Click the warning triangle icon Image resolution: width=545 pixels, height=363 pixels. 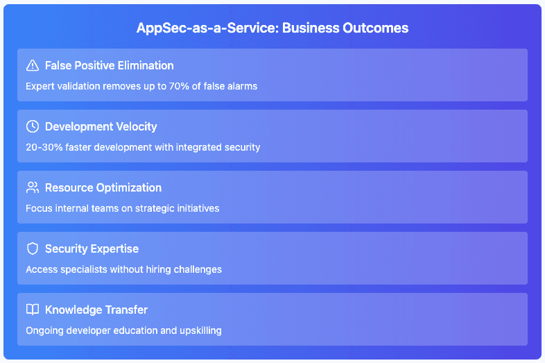coord(33,65)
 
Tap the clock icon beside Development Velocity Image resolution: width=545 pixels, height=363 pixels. coord(33,126)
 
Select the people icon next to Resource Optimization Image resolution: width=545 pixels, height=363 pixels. coord(33,187)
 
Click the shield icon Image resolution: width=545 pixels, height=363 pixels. coord(33,248)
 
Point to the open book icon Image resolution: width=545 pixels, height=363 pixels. coord(33,310)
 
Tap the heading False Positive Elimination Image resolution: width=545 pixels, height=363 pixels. coord(109,65)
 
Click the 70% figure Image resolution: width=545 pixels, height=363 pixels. coord(179,86)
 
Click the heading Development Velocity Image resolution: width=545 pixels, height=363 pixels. coord(101,127)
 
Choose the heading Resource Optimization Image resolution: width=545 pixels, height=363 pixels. coord(103,188)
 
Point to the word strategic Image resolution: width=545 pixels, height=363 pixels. coord(155,208)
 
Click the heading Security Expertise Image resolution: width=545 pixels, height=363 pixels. coord(92,249)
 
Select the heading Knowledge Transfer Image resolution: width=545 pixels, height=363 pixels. coord(96,310)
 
